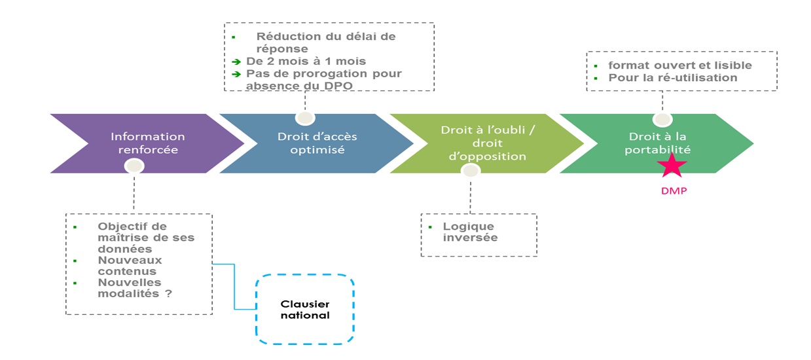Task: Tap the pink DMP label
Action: click(x=673, y=191)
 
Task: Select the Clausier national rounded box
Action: click(x=304, y=310)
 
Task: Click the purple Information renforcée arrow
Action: click(x=147, y=143)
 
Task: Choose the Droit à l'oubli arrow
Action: click(x=487, y=143)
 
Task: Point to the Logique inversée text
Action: click(x=469, y=232)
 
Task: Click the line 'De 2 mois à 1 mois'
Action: click(x=306, y=62)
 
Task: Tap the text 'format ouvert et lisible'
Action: click(x=679, y=65)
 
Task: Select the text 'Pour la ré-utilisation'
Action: click(x=672, y=78)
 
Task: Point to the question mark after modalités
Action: click(x=168, y=294)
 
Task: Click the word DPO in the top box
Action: click(x=338, y=85)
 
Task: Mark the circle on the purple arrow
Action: click(x=134, y=166)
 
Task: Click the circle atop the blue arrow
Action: click(x=304, y=118)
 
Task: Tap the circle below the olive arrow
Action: click(x=470, y=170)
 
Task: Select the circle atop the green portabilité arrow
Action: click(x=662, y=119)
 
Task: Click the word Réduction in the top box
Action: click(x=288, y=37)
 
